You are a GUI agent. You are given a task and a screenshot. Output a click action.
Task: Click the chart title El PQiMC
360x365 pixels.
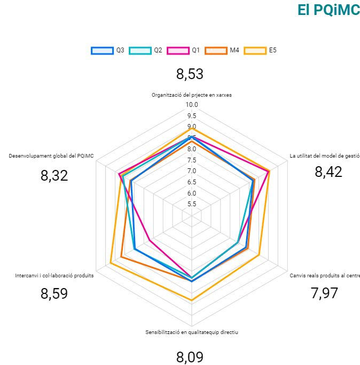coord(328,11)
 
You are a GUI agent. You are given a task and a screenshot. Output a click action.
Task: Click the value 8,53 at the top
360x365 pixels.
coord(190,74)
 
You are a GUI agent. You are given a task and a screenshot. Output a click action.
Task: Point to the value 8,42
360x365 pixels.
coord(328,172)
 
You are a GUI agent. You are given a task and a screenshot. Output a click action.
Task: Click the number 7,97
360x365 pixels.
coord(324,293)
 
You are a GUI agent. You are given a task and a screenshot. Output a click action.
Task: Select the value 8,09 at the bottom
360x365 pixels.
coord(190,357)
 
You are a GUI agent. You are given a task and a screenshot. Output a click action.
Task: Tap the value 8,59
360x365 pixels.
coord(54,293)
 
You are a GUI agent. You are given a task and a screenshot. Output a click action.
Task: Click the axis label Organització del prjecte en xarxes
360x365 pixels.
coord(191,95)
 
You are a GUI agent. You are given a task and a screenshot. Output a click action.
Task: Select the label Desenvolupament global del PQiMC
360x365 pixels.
coord(51,156)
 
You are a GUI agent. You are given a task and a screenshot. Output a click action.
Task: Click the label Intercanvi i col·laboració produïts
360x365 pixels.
coord(54,276)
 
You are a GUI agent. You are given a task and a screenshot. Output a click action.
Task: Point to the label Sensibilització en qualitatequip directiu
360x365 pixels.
coord(191,332)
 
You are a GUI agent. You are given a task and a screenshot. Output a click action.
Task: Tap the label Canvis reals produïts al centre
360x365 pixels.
coord(324,276)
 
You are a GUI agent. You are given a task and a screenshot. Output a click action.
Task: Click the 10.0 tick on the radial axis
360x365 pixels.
coord(191,105)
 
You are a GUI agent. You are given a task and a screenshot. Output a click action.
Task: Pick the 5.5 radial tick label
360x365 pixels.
coord(191,204)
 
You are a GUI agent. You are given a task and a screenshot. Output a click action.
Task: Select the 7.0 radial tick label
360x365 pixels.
coord(191,171)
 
